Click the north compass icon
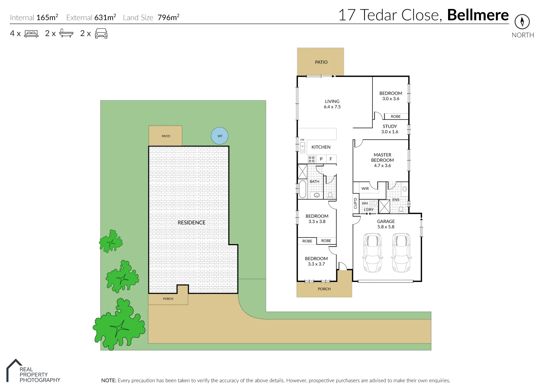pyautogui.click(x=522, y=22)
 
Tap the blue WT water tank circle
pyautogui.click(x=219, y=136)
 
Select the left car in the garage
pyautogui.click(x=372, y=253)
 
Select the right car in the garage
pyautogui.click(x=401, y=253)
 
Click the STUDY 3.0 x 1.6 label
pyautogui.click(x=389, y=129)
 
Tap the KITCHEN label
pyautogui.click(x=321, y=147)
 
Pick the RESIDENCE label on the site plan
pyautogui.click(x=192, y=222)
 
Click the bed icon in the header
pyautogui.click(x=31, y=34)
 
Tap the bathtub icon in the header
pyautogui.click(x=66, y=33)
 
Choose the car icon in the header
pyautogui.click(x=101, y=33)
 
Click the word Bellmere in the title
pyautogui.click(x=478, y=15)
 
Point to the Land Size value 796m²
pyautogui.click(x=168, y=18)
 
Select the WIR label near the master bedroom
pyautogui.click(x=365, y=188)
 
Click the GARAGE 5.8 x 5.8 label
pyautogui.click(x=386, y=224)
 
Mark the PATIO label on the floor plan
pyautogui.click(x=321, y=62)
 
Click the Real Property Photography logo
pyautogui.click(x=33, y=372)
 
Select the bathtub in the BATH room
pyautogui.click(x=302, y=189)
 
